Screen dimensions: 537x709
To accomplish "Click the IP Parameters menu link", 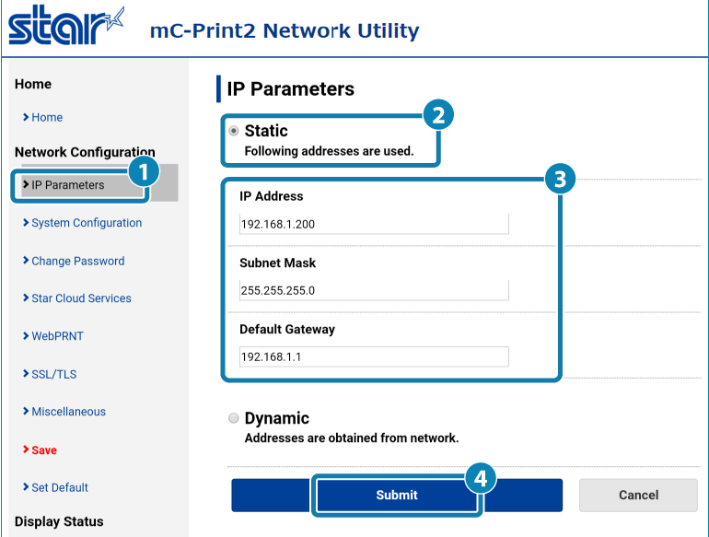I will click(x=67, y=185).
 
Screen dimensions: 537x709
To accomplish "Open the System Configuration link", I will click(x=86, y=223).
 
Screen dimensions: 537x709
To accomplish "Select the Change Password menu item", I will click(x=77, y=261).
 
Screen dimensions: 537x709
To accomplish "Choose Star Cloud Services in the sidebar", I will click(x=81, y=298).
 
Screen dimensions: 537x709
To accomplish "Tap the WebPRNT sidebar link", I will click(x=57, y=336).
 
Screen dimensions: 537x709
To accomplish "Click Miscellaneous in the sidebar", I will click(x=68, y=412).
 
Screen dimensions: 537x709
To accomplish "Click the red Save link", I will click(x=43, y=450).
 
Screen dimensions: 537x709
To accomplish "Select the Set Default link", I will click(x=60, y=487).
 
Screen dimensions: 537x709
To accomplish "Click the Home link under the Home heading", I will click(x=47, y=118).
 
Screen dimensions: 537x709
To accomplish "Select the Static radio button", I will click(x=233, y=131).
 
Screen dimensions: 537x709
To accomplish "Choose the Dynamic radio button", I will click(x=233, y=419).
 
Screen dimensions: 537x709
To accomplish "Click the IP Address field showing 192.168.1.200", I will click(x=374, y=224).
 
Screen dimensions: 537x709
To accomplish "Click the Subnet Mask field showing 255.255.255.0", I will click(x=374, y=290).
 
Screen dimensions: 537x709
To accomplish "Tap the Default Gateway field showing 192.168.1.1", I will click(x=374, y=356).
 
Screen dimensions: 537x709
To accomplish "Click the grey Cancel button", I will click(x=638, y=495).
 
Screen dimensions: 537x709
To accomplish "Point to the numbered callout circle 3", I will click(x=555, y=179).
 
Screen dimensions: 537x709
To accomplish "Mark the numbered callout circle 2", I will click(x=437, y=114).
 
